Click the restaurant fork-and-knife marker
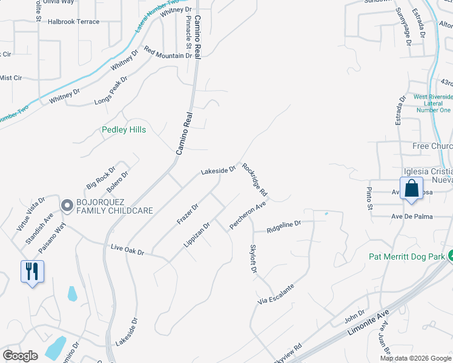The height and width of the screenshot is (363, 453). click(x=32, y=271)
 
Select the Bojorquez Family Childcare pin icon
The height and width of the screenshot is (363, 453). click(x=66, y=205)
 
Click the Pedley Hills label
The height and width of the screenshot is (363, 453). click(x=124, y=129)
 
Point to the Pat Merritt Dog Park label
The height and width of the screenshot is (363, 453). click(x=408, y=257)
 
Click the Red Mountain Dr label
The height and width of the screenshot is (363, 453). click(x=168, y=52)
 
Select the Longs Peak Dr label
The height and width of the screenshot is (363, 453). click(x=111, y=91)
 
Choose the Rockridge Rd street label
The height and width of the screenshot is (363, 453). click(x=254, y=179)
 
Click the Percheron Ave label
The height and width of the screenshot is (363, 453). click(x=248, y=216)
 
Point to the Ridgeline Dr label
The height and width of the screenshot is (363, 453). click(x=283, y=227)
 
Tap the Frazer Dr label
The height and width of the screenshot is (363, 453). click(x=188, y=214)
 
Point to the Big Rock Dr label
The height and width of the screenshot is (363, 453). click(x=101, y=178)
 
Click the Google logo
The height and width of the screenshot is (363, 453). click(x=20, y=356)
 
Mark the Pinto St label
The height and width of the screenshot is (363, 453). click(x=369, y=198)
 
